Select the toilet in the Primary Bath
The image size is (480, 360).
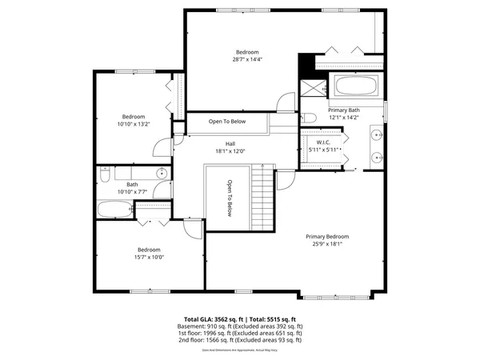pyautogui.click(x=307, y=119)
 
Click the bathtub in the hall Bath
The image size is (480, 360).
pyautogui.click(x=114, y=210)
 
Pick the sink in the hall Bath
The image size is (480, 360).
pyautogui.click(x=161, y=173)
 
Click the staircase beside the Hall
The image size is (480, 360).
pyautogui.click(x=262, y=196)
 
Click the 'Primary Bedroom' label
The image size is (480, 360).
pyautogui.click(x=327, y=236)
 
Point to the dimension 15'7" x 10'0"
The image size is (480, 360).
pyautogui.click(x=148, y=258)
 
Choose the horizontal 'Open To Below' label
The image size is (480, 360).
pyautogui.click(x=227, y=122)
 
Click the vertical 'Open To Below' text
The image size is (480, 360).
pyautogui.click(x=228, y=198)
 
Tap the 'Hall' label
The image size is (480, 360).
pyautogui.click(x=230, y=143)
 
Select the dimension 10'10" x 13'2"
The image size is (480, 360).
pyautogui.click(x=133, y=123)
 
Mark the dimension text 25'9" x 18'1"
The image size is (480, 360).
pyautogui.click(x=327, y=244)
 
